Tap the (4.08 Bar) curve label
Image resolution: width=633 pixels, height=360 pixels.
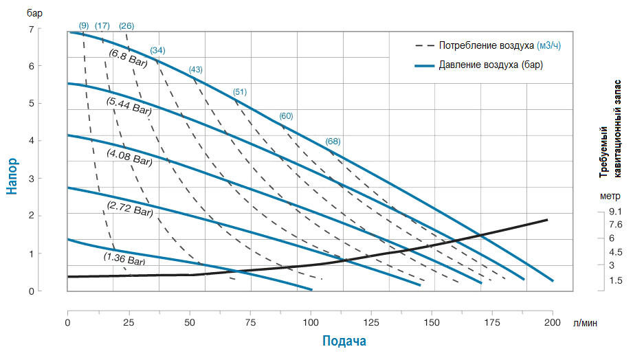[129, 159]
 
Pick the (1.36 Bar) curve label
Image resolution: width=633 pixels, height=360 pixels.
[124, 259]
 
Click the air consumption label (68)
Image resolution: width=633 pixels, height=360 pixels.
[333, 142]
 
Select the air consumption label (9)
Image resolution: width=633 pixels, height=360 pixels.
[84, 26]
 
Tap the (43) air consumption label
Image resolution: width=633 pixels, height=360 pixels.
[196, 70]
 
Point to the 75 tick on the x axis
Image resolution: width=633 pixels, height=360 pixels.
[250, 304]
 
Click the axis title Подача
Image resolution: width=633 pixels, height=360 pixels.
[344, 341]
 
